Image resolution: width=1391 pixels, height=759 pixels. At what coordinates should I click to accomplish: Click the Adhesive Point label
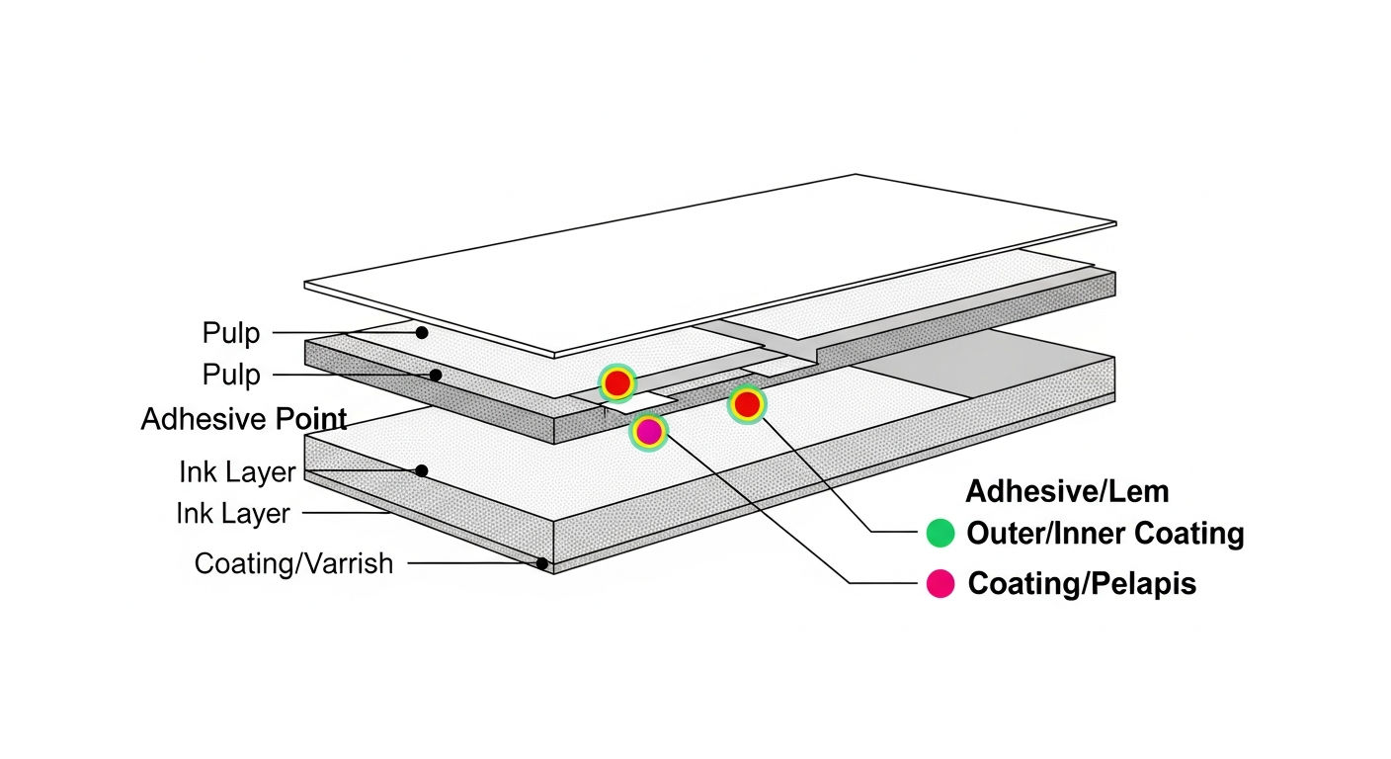(243, 419)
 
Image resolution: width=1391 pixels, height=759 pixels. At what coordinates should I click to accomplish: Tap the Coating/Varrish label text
(293, 563)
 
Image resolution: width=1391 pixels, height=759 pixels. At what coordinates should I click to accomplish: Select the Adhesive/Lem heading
(1067, 491)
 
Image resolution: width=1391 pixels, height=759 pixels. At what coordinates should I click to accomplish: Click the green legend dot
(941, 533)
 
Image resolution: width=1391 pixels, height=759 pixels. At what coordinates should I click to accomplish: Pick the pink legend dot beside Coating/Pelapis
(941, 583)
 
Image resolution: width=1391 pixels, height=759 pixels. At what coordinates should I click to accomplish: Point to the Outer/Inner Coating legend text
(1105, 534)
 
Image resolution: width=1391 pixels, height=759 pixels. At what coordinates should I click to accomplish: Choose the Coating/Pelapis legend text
(1082, 584)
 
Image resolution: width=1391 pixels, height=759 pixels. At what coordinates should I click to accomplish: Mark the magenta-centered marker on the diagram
(649, 432)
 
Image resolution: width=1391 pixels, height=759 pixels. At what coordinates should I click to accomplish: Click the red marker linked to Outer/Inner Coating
(747, 405)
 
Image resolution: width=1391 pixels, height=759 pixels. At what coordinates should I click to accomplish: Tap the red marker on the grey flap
(617, 383)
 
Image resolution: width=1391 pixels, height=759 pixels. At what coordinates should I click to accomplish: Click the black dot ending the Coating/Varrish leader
(542, 563)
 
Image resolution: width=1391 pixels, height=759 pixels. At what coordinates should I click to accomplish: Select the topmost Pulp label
(231, 332)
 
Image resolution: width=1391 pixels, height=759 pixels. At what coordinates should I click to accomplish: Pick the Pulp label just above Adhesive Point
(231, 375)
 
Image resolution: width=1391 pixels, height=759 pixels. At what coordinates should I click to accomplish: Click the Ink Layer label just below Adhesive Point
(237, 472)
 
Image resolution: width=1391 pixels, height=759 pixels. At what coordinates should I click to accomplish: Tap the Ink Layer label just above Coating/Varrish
(233, 514)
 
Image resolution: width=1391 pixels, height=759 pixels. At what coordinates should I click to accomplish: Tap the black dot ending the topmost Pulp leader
(422, 332)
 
